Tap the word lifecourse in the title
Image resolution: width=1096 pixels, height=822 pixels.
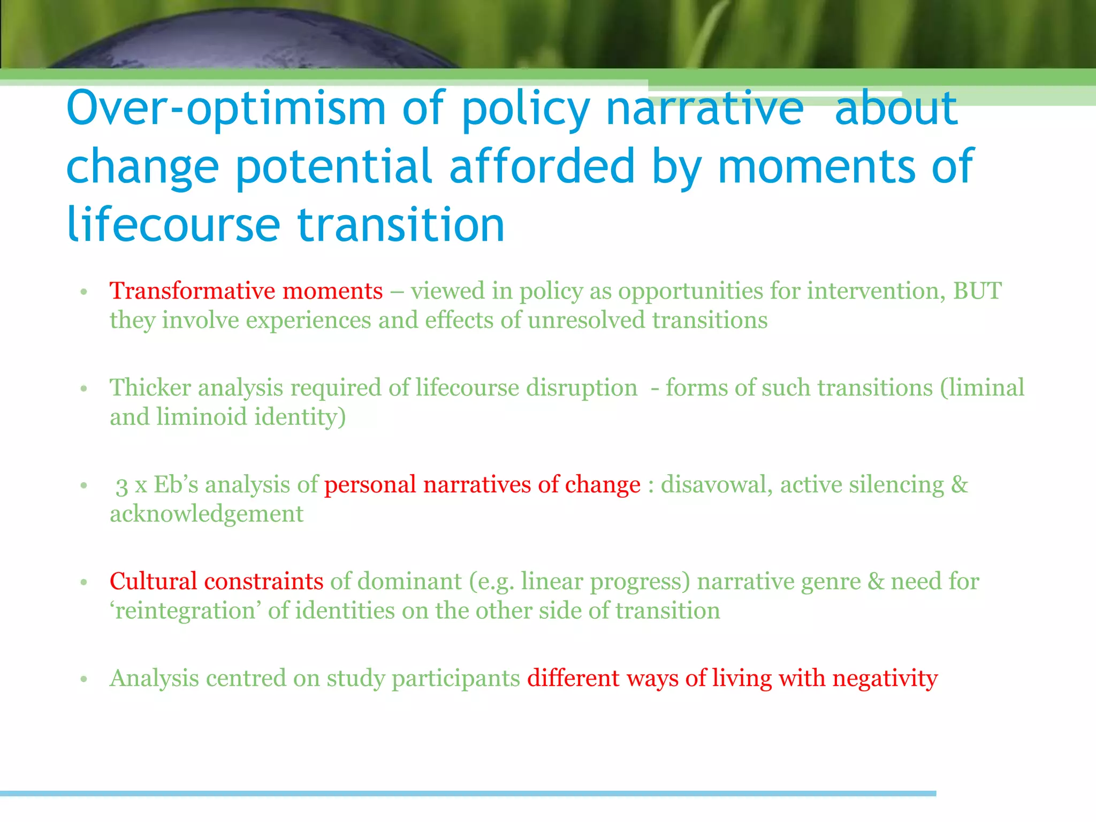(173, 225)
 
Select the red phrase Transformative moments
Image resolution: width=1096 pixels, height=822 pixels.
(246, 291)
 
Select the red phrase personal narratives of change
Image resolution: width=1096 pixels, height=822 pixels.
(482, 485)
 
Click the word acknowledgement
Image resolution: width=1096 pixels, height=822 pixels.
(207, 514)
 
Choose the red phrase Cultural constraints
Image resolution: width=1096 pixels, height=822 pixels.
(216, 582)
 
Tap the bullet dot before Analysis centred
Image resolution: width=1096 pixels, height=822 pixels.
(83, 680)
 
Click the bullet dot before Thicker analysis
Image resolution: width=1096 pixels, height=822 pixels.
(83, 389)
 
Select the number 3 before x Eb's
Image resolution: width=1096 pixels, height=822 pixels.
(122, 486)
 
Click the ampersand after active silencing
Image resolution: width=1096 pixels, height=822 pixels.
(960, 485)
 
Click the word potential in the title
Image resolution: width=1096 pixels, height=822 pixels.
(333, 166)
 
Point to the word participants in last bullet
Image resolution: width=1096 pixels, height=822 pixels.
(456, 679)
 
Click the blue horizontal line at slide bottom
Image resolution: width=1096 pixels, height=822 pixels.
(468, 794)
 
